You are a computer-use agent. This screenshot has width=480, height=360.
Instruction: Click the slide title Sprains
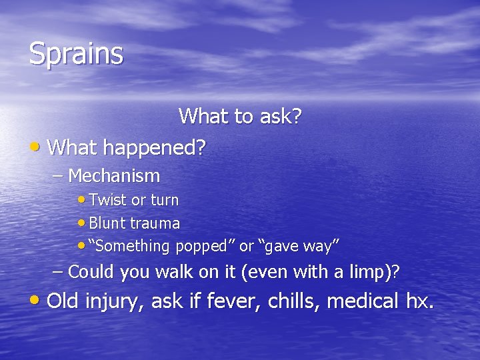[76, 54]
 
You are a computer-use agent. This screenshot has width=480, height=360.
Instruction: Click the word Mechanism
[114, 176]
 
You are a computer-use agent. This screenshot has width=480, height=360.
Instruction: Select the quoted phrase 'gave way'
[299, 246]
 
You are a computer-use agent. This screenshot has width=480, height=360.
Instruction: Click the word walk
[171, 272]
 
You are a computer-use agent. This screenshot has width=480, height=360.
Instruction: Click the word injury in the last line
[115, 301]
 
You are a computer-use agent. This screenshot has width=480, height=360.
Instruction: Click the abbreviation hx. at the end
[419, 301]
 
